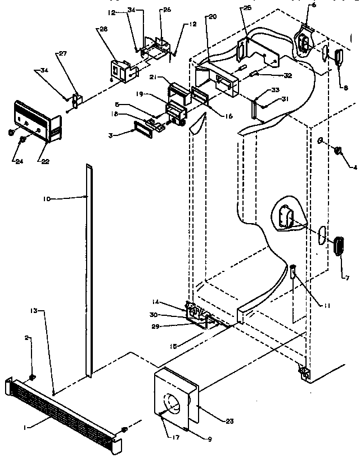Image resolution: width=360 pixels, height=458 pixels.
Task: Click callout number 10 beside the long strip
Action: coord(47,198)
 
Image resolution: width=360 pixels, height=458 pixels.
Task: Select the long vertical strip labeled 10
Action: coord(88,270)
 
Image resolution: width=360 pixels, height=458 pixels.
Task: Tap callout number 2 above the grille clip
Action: coord(27,338)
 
